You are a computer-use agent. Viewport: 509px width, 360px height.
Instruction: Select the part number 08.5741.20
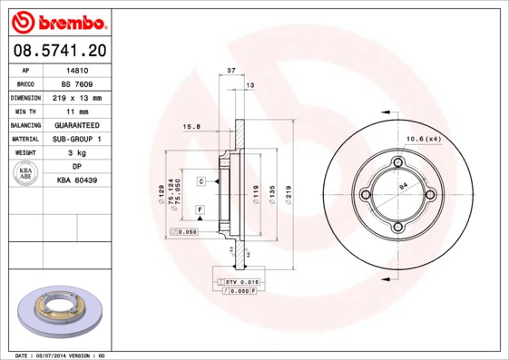coord(59,50)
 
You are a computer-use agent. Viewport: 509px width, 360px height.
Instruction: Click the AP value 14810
coord(76,69)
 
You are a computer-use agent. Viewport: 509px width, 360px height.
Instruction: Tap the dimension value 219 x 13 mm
coord(76,97)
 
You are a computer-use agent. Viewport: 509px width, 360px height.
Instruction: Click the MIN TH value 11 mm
coord(76,111)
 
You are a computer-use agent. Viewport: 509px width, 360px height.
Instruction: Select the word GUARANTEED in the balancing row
coord(76,125)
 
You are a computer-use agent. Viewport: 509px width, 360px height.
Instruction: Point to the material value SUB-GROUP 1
coord(76,139)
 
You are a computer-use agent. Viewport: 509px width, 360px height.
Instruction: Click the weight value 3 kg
coord(76,153)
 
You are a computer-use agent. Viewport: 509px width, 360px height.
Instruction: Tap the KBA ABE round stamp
coord(25,174)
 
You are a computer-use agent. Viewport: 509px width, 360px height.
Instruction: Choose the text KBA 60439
coord(76,181)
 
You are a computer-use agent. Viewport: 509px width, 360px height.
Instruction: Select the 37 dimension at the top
coord(231,70)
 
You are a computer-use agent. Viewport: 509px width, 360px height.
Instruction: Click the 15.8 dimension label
coord(191,127)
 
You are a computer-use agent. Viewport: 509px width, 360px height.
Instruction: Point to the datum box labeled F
coord(199,209)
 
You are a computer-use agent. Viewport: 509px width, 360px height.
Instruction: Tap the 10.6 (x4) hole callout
coord(422,138)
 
